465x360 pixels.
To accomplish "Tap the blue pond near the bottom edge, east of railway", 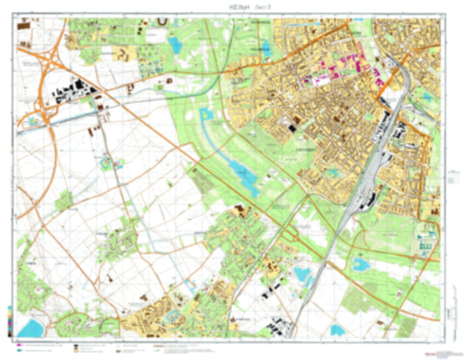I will (304, 276).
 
